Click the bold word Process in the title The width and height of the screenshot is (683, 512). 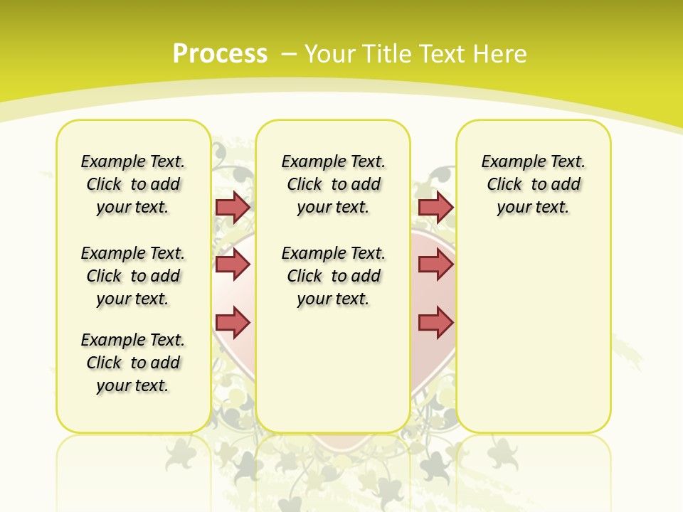point(220,53)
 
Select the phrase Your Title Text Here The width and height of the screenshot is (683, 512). point(415,53)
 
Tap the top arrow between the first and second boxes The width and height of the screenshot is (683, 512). point(233,207)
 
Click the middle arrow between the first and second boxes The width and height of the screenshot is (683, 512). point(233,265)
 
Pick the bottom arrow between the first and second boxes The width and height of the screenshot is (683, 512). point(233,322)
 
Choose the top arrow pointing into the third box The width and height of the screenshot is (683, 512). point(435,207)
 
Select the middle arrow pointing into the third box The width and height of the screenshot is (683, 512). point(435,265)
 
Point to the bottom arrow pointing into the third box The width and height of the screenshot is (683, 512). point(435,322)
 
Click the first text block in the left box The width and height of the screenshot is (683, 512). point(133,184)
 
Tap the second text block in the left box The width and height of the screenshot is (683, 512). point(133,276)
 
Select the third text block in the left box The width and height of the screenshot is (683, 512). point(133,363)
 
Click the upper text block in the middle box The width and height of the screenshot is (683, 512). point(333,184)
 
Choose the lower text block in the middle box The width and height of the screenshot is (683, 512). point(333,276)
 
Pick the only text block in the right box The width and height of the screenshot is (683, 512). point(534,184)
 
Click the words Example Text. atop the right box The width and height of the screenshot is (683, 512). point(534,162)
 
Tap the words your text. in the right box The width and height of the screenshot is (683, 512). point(534,208)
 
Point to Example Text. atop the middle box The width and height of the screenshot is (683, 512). point(333,162)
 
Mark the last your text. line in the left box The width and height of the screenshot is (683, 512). point(133,385)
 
